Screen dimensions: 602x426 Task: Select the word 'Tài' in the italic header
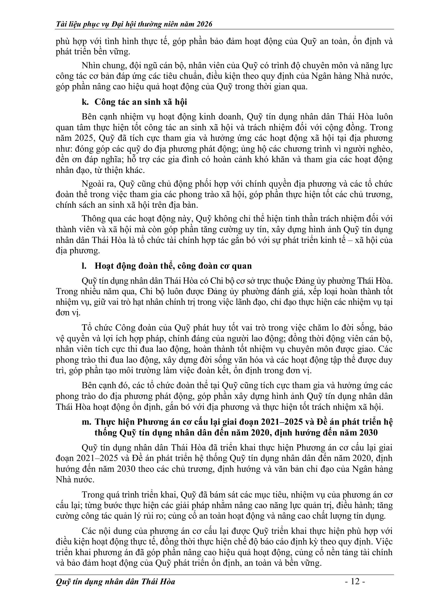point(61,24)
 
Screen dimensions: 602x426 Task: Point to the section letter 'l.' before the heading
point(84,266)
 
